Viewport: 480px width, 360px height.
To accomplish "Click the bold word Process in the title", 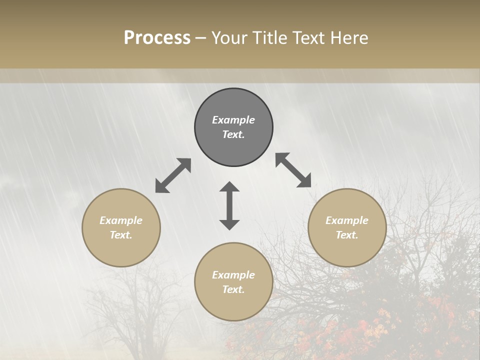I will coord(157,38).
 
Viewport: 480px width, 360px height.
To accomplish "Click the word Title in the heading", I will coord(270,38).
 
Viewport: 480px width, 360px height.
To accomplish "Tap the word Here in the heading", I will coord(348,38).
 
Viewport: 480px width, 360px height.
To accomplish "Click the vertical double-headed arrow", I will coord(229,205).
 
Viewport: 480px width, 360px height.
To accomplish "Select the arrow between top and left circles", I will coord(173,175).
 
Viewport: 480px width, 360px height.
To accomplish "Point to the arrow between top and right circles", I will coord(293,170).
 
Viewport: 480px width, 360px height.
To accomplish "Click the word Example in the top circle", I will coord(233,120).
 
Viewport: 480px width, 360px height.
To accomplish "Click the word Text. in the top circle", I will coord(233,134).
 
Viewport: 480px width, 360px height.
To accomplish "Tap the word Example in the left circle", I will coord(121,220).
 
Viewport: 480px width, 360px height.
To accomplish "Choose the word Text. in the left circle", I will coord(121,235).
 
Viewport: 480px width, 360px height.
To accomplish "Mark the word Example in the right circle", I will coord(347,220).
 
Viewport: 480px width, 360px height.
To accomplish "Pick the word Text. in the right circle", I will coord(347,235).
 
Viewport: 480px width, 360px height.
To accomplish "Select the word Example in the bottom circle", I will coord(233,275).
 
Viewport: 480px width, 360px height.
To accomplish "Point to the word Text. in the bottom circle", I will coord(233,289).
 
